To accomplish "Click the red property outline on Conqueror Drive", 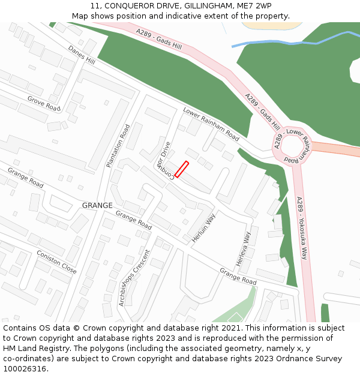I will point(181,169).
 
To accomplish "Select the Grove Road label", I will point(44,103).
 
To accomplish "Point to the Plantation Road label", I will point(118,146).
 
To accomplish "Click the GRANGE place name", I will point(97,205).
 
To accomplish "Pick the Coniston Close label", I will point(56,262).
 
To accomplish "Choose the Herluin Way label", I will point(203,228).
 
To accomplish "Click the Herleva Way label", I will point(242,249).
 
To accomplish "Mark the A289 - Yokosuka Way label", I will point(301,228).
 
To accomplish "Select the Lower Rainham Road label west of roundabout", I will point(211,125).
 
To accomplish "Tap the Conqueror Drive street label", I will point(164,160).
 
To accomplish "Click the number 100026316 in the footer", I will point(26,368).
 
